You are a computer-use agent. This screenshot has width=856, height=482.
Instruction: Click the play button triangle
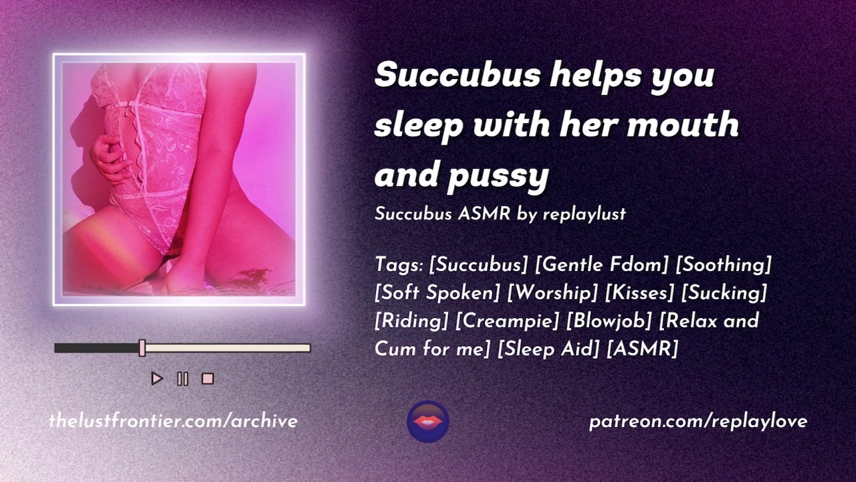click(x=156, y=379)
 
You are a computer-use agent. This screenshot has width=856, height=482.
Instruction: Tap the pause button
click(x=183, y=379)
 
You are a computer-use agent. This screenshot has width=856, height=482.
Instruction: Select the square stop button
click(x=207, y=379)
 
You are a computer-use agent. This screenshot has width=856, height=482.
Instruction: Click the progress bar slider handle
click(x=142, y=347)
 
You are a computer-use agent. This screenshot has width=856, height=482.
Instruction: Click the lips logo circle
click(x=428, y=422)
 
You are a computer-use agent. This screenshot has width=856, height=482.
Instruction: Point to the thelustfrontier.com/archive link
click(x=173, y=422)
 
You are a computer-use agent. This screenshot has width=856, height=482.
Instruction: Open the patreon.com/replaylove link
click(x=698, y=422)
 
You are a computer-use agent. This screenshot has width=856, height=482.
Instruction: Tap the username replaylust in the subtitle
click(x=584, y=214)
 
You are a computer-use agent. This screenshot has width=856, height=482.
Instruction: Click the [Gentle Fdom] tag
click(x=601, y=264)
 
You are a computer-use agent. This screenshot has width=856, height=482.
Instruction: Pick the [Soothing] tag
click(x=724, y=264)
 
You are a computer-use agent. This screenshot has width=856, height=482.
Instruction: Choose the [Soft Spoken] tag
click(x=437, y=293)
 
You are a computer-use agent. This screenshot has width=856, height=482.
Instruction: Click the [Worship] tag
click(x=552, y=293)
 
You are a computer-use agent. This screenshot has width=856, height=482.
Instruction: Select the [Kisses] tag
click(x=640, y=293)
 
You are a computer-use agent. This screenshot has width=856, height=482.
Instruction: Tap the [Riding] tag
click(x=411, y=321)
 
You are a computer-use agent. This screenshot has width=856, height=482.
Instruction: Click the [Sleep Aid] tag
click(x=548, y=349)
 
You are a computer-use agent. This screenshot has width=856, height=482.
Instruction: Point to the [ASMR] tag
click(x=643, y=349)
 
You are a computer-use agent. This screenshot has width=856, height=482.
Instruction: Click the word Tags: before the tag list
click(x=399, y=264)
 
